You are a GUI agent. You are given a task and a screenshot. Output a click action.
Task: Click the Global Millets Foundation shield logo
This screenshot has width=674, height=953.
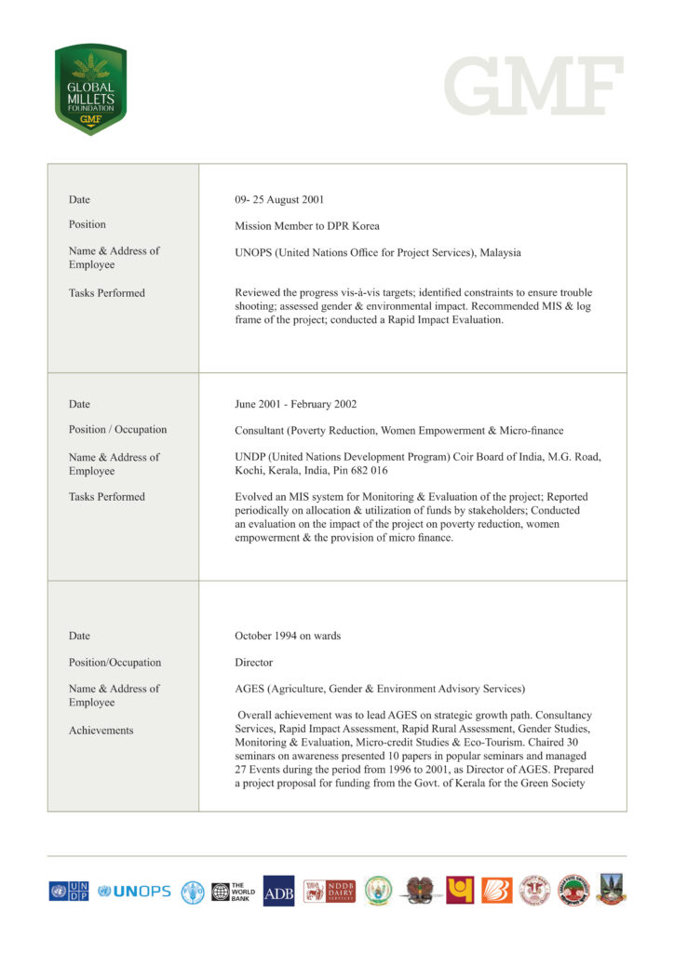(90, 89)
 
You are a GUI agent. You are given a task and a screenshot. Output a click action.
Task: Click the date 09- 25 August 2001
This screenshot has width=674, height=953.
(279, 199)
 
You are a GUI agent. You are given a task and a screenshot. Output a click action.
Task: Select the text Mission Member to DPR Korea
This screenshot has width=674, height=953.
(307, 225)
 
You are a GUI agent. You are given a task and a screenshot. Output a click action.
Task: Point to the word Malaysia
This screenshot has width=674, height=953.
(500, 252)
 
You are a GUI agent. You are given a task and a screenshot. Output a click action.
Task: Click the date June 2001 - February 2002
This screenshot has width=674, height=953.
(296, 404)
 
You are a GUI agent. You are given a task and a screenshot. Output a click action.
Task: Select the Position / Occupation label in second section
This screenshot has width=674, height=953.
(117, 429)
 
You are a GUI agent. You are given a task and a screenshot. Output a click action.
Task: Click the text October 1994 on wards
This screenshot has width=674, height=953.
(288, 636)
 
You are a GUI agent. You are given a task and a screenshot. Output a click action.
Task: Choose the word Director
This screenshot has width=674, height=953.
(254, 663)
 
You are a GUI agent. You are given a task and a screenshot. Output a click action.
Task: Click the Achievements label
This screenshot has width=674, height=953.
(101, 731)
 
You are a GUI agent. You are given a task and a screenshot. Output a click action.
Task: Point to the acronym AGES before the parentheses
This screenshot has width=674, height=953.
(251, 689)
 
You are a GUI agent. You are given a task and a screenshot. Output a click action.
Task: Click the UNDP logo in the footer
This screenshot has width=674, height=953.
(69, 891)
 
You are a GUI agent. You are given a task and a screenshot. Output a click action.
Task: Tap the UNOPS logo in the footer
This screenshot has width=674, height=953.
(135, 891)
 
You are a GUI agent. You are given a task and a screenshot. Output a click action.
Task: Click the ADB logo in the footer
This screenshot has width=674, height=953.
(278, 891)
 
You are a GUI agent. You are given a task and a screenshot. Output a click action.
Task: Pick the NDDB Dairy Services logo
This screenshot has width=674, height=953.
(330, 891)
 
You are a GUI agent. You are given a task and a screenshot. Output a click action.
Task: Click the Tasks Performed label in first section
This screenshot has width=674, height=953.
(106, 292)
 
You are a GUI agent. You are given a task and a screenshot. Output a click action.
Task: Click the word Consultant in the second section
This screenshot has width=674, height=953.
(262, 430)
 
